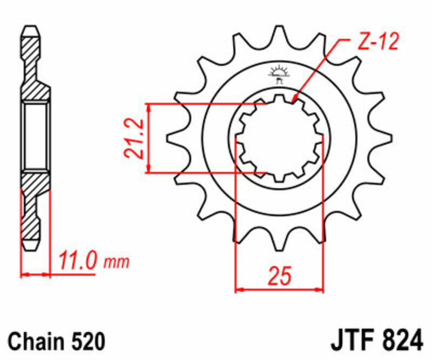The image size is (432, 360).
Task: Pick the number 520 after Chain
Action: click(86, 342)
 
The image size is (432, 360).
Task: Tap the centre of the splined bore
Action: click(279, 138)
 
